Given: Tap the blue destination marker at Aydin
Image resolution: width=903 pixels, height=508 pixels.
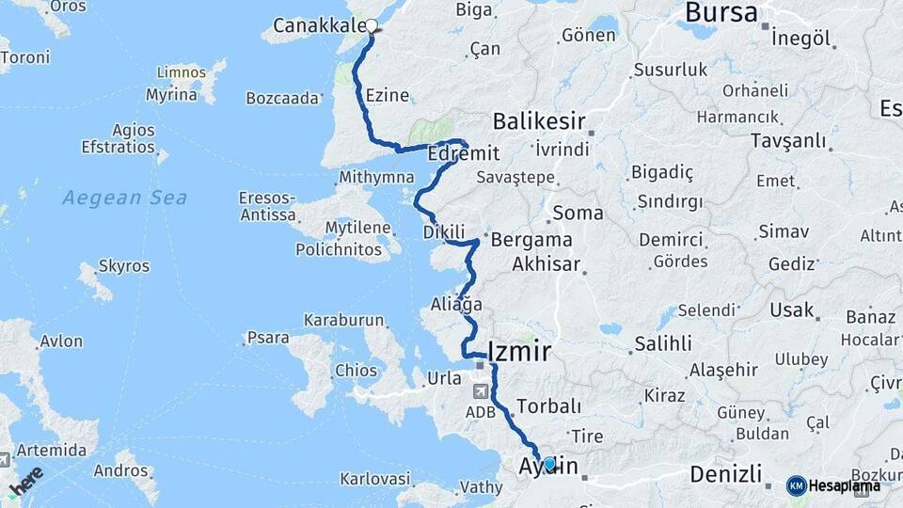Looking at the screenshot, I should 549,463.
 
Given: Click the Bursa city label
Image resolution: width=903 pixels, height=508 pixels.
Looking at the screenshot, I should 721,13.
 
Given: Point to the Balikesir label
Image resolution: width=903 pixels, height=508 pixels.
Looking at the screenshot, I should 539,121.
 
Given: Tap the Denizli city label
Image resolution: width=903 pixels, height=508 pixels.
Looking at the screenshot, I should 724,472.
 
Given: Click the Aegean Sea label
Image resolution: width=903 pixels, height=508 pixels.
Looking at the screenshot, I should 125,198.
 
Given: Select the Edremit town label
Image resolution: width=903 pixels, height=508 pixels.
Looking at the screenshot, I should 462,153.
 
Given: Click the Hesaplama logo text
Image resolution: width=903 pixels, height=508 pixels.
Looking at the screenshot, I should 844,485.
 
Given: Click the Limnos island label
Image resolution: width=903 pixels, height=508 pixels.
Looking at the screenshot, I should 182,72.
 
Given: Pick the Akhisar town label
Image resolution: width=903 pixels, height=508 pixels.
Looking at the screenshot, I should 546,264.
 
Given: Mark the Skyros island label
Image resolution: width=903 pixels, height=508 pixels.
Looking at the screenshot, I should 123,266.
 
